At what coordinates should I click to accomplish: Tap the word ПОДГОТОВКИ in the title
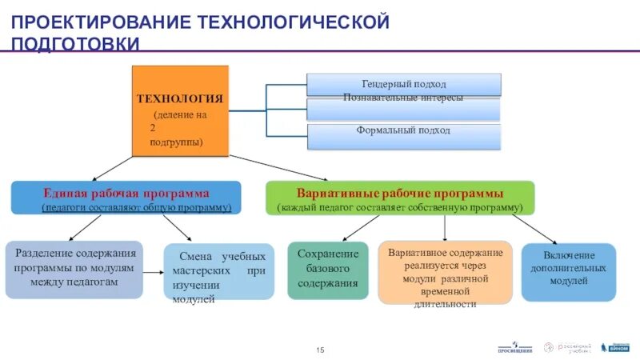pos(75,45)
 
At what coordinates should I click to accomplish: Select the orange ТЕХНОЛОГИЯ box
pos(180,110)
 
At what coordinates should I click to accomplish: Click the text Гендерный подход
pos(404,84)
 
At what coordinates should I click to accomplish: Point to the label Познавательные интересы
pos(404,98)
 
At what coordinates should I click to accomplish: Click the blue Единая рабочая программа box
pos(126,198)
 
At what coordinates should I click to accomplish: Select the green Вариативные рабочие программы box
pos(400,198)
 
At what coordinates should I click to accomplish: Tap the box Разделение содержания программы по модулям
pos(74,269)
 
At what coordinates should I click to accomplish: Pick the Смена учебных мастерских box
pos(218,272)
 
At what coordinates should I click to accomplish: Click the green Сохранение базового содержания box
pos(328,270)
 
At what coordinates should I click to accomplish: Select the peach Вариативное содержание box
pos(445,272)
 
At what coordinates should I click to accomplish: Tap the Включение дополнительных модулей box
pos(568,271)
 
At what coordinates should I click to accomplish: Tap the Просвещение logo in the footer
pos(514,348)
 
